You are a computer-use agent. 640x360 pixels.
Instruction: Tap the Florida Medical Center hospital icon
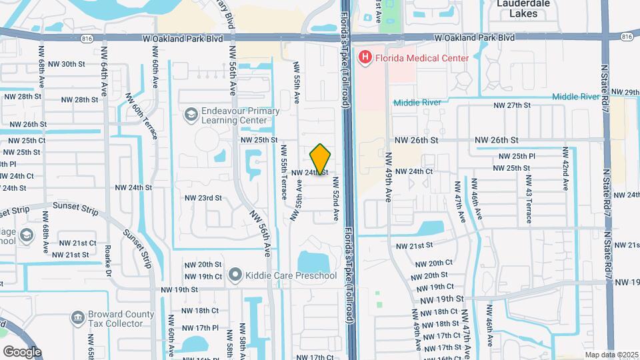[x=365, y=58]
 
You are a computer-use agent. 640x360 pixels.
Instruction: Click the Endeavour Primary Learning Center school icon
[x=191, y=115]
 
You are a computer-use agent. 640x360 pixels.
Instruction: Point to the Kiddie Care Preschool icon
[x=234, y=275]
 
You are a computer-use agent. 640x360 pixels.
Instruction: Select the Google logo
[x=22, y=351]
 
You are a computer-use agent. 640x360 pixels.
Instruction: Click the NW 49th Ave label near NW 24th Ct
[x=389, y=177]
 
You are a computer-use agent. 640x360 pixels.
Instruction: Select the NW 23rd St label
[x=203, y=198]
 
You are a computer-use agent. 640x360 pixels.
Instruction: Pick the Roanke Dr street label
[x=108, y=260]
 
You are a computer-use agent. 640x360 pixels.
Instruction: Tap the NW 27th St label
[x=511, y=105]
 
